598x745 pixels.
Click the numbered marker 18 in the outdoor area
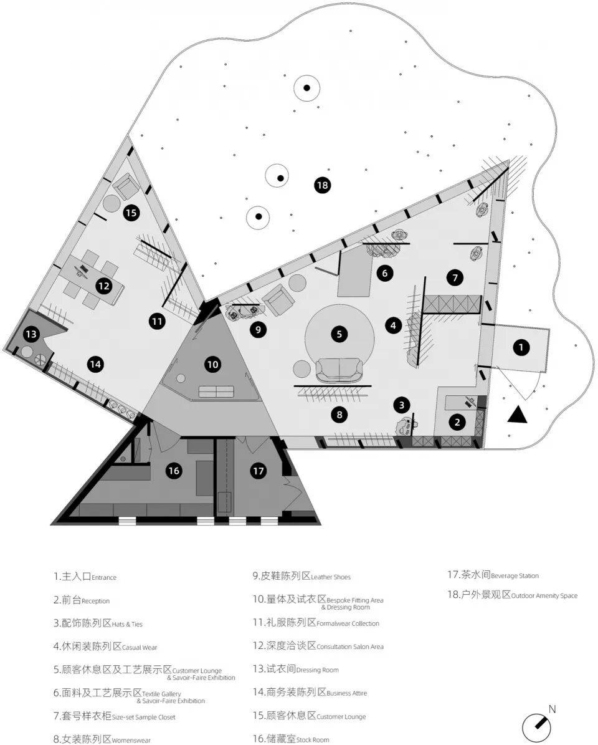(x=323, y=185)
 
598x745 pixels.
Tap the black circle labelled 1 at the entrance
(x=521, y=347)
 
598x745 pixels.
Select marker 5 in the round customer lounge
(x=339, y=334)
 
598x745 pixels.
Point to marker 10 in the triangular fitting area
(x=212, y=365)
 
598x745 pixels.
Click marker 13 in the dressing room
(x=31, y=334)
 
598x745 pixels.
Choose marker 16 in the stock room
(x=174, y=470)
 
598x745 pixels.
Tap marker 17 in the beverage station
(x=258, y=471)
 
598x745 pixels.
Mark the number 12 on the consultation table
(x=103, y=286)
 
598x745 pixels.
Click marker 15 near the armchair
(x=131, y=213)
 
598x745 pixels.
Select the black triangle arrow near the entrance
(x=518, y=415)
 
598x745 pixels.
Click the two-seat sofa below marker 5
(x=339, y=370)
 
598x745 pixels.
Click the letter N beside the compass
(x=552, y=709)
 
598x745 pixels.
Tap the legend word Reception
(x=95, y=601)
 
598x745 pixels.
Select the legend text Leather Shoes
(x=331, y=577)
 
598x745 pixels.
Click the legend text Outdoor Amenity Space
(x=544, y=596)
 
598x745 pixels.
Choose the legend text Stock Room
(x=313, y=740)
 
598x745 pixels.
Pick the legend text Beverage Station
(x=515, y=576)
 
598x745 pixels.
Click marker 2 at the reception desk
(x=457, y=421)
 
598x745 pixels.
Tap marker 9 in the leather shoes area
(x=258, y=329)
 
